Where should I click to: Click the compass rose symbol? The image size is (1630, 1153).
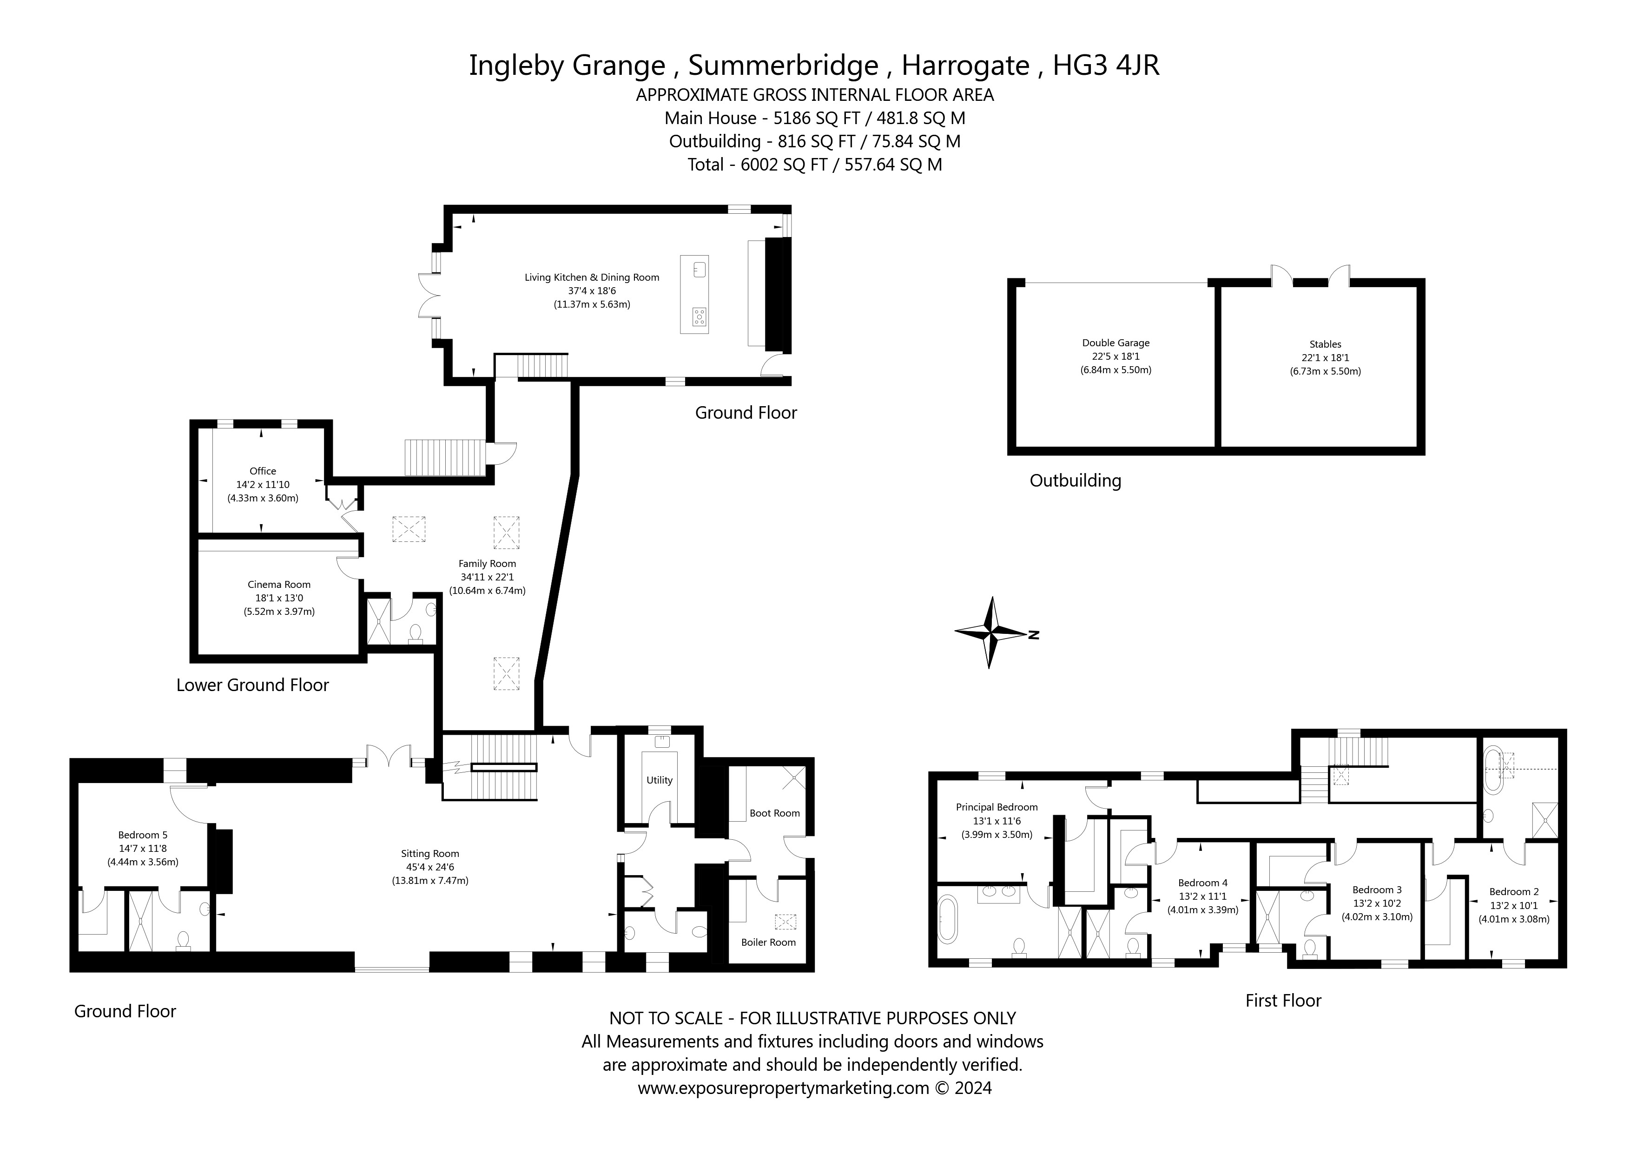coord(990,632)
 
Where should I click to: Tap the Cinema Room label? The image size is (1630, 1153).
coord(279,584)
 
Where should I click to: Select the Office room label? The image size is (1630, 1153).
coord(263,471)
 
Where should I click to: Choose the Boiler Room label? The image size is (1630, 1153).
coord(768,942)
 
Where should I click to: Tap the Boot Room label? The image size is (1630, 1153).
coord(774,813)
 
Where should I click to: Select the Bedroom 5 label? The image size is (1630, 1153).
coord(143,835)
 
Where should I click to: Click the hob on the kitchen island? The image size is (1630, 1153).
coord(700,316)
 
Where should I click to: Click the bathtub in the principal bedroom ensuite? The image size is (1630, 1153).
coord(948,920)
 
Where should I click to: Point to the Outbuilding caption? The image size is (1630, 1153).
coord(1075,481)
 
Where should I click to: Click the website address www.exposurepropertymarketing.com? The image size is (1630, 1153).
coord(783,1087)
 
